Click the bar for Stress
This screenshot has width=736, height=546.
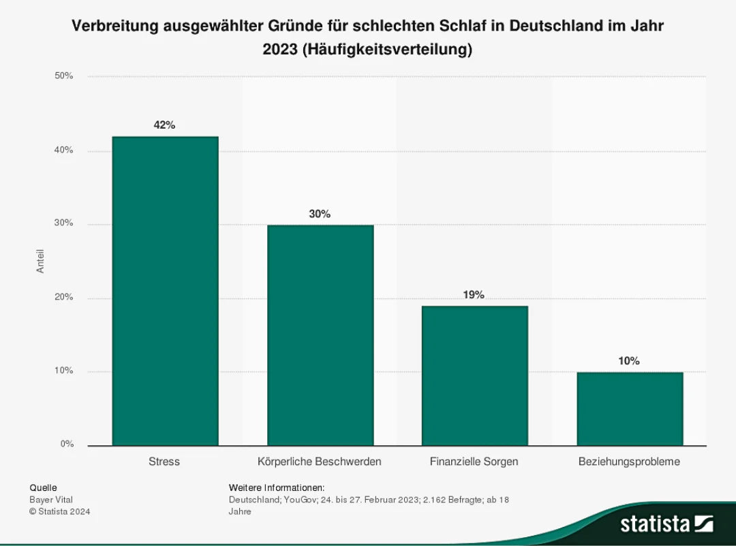[165, 291]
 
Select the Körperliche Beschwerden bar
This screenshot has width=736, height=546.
[320, 335]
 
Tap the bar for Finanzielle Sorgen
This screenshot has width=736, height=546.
[474, 376]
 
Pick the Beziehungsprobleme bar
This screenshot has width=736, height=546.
[630, 408]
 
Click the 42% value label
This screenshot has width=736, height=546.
[165, 125]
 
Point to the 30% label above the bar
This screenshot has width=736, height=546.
[320, 214]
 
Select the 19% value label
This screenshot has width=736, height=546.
[474, 295]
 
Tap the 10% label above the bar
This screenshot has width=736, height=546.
[629, 361]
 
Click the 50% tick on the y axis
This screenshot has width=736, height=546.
[64, 76]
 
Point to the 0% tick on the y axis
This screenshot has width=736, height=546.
[67, 445]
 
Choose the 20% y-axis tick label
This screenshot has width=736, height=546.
[64, 298]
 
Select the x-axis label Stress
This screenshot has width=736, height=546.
[164, 462]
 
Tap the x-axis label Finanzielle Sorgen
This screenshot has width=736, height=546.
[474, 462]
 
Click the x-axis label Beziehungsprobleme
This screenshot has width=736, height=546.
[629, 462]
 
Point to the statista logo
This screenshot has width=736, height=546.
[666, 524]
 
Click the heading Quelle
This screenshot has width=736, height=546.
[44, 487]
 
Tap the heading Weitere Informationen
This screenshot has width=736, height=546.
[277, 487]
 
